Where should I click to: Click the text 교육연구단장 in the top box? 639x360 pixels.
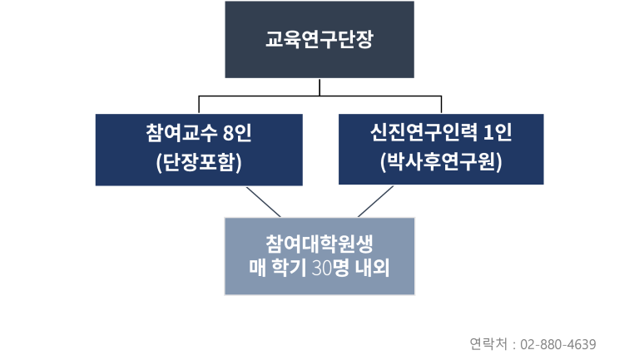[319, 40]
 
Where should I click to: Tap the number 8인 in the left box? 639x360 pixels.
[237, 133]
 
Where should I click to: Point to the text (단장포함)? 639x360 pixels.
[199, 162]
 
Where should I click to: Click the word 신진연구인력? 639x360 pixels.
[424, 132]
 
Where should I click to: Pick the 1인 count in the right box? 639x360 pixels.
[498, 132]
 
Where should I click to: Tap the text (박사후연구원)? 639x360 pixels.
[441, 161]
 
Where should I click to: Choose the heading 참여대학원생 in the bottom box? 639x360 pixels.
[319, 244]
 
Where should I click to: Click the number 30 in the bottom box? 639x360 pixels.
[321, 268]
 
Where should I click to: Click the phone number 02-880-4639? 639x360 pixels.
[558, 344]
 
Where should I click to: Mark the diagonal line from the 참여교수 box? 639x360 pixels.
[264, 202]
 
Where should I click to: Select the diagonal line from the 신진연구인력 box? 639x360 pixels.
[376, 201]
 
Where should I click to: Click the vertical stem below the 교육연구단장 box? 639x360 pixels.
[319, 87]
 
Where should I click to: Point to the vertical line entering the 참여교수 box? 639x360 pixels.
[199, 105]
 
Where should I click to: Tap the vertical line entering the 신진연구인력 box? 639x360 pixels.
[441, 105]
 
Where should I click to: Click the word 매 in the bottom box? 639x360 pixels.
[258, 268]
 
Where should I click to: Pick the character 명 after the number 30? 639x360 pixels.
[340, 268]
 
